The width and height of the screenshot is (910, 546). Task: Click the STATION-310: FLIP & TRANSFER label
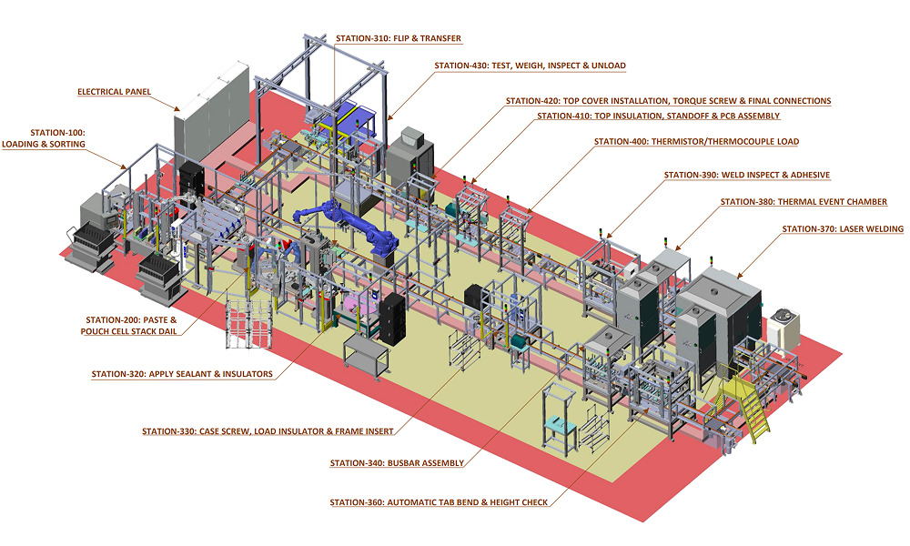click(x=398, y=39)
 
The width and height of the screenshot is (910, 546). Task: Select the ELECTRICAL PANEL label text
click(x=114, y=92)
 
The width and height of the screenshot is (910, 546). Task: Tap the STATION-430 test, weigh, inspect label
click(x=530, y=66)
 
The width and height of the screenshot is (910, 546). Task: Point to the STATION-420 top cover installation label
click(x=668, y=101)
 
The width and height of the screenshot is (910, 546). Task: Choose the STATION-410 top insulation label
click(x=658, y=116)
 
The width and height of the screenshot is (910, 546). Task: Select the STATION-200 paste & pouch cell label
click(x=131, y=326)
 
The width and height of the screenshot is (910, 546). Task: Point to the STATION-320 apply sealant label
click(x=182, y=374)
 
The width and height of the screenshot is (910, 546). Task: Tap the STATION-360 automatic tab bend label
click(x=439, y=502)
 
